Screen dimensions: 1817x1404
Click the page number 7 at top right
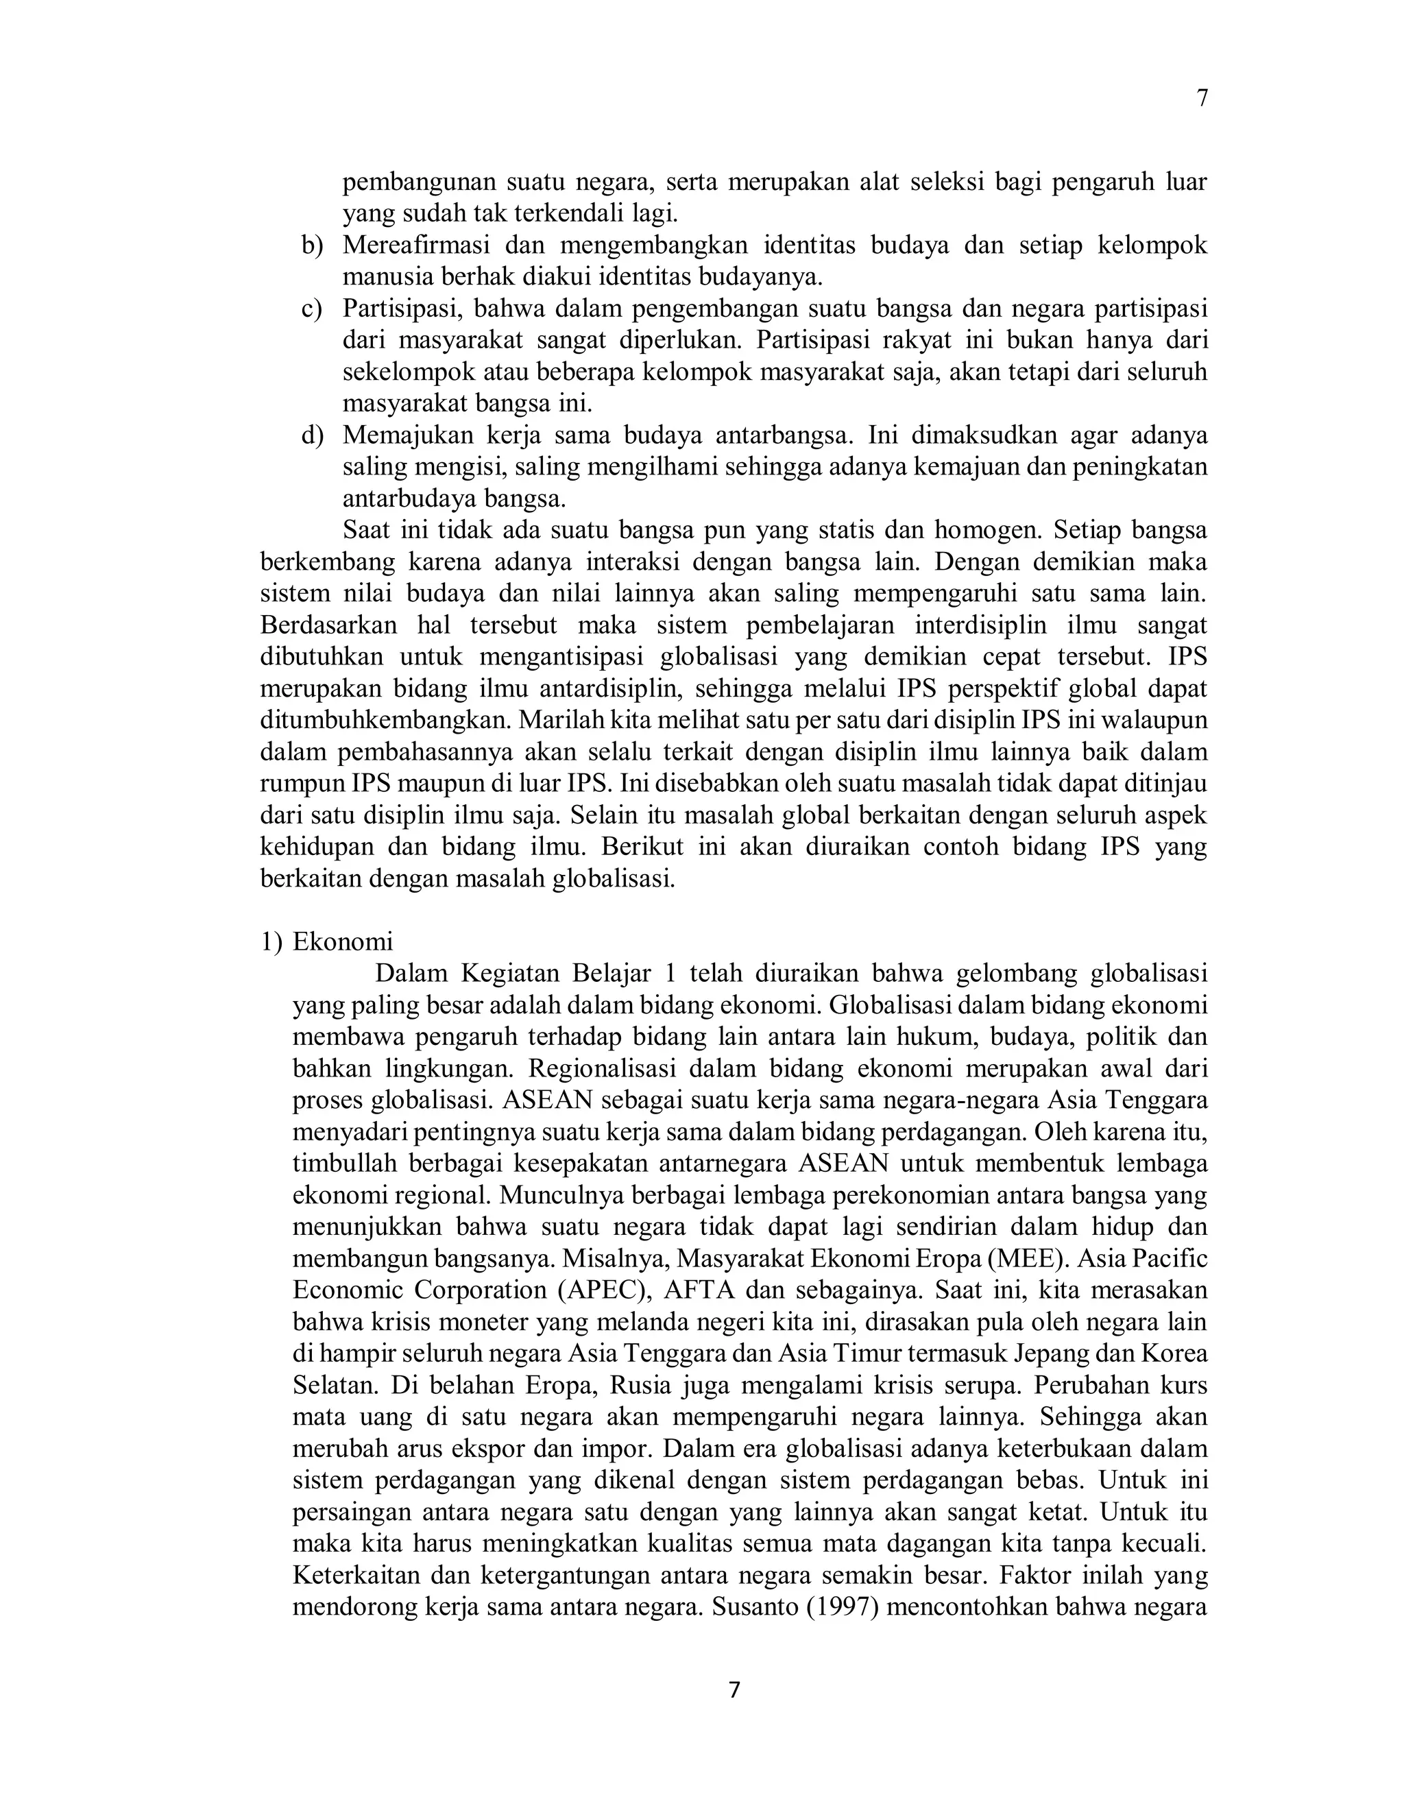pyautogui.click(x=1201, y=98)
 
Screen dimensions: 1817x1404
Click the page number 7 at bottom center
pyautogui.click(x=734, y=1689)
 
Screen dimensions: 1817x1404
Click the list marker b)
pyautogui.click(x=312, y=245)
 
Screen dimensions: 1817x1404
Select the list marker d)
pyautogui.click(x=312, y=435)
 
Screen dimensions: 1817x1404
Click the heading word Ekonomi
pyautogui.click(x=343, y=942)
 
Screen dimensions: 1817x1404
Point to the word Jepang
pyautogui.click(x=1052, y=1353)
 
